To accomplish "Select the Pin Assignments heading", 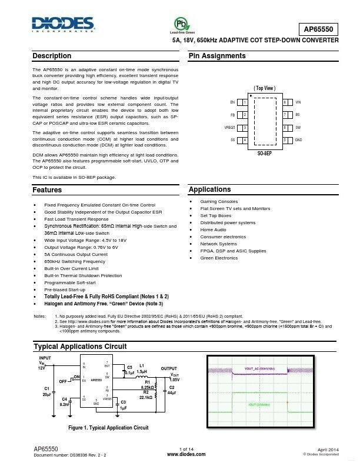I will (217, 56).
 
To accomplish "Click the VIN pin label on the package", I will (298, 102).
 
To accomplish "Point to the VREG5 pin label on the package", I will (229, 127).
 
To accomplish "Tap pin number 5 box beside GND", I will (285, 140).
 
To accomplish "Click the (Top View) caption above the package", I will (265, 88).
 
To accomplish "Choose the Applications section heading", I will (209, 189).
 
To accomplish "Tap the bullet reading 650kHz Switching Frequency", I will (75, 261).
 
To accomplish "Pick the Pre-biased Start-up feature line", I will (65, 289).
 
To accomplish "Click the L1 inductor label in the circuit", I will (141, 366).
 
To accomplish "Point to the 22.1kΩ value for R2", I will (146, 398).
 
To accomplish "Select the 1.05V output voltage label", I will (174, 380).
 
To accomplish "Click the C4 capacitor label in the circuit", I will (65, 400).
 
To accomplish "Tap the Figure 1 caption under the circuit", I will (108, 427).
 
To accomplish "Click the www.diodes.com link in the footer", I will (186, 454).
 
